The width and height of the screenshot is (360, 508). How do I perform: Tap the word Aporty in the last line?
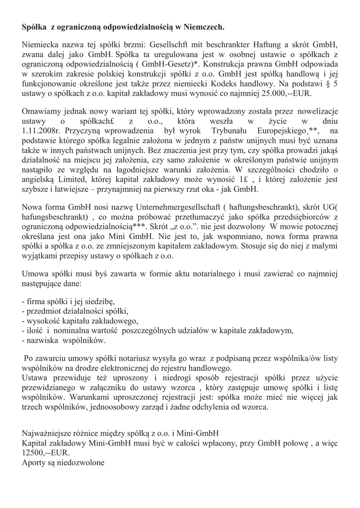click(35, 463)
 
